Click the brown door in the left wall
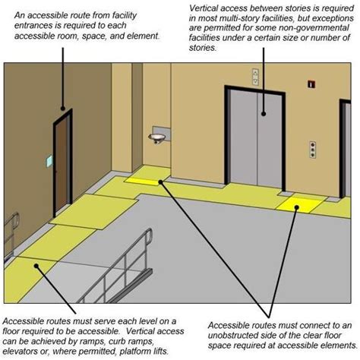point(61,163)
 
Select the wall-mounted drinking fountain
point(158,136)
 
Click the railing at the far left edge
point(11,228)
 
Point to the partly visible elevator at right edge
point(345,152)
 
